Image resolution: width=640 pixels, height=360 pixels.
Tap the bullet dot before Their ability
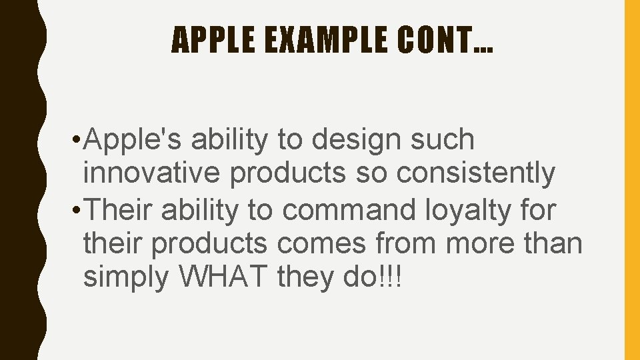(x=79, y=211)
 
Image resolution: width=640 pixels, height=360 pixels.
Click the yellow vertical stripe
(x=631, y=180)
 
